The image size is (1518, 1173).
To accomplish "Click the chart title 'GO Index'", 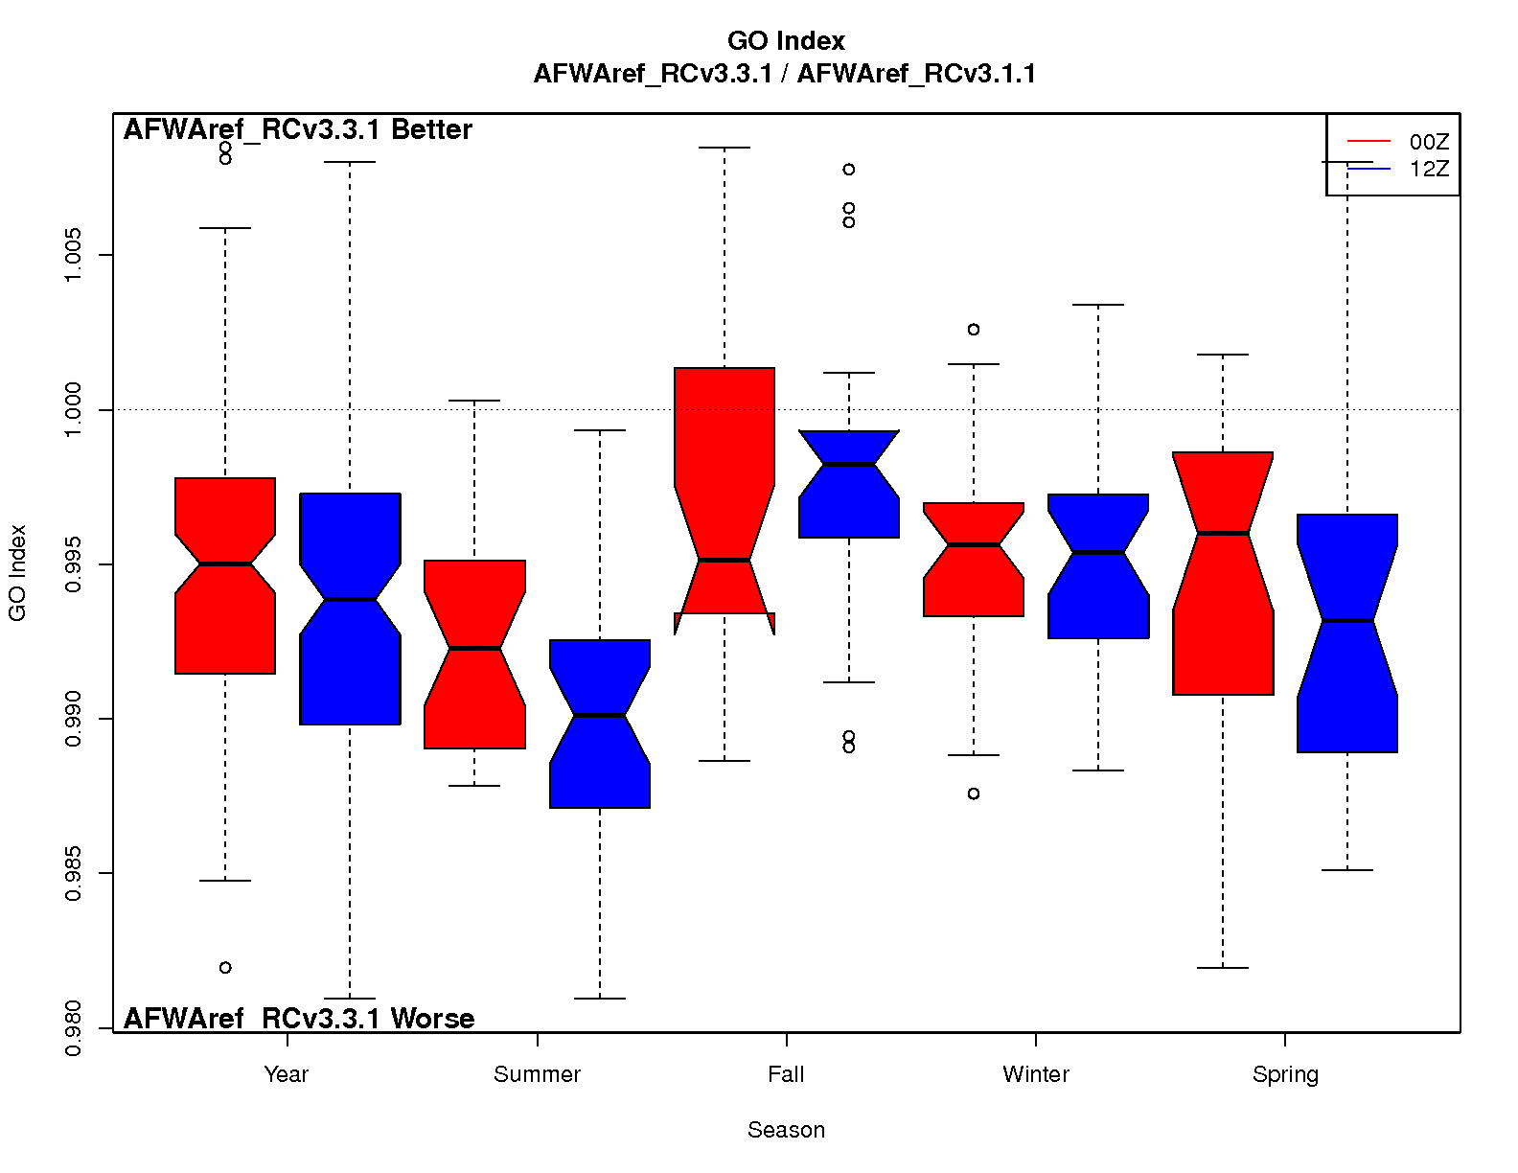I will pos(786,41).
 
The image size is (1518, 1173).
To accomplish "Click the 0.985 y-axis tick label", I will pos(73,873).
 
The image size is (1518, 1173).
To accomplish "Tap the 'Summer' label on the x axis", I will pos(537,1074).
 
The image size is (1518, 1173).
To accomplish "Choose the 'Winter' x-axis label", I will pos(1035,1074).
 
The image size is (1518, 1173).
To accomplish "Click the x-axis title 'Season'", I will pos(786,1130).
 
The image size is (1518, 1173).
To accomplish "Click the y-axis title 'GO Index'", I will pos(17,573).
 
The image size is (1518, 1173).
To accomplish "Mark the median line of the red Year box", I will pos(225,563).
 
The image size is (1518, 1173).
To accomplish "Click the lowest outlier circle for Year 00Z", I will pos(225,968).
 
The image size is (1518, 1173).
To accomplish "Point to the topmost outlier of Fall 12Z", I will pos(849,170).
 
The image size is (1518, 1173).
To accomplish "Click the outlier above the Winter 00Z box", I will pos(974,330).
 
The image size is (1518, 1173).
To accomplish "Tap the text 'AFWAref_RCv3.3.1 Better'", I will pos(298,130).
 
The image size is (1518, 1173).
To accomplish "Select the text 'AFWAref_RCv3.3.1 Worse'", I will pos(299,1019).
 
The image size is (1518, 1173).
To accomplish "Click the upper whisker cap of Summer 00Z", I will pos(474,401).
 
